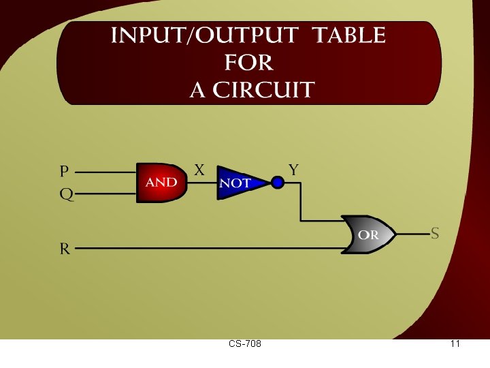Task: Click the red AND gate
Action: click(x=161, y=183)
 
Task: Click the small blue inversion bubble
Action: click(x=277, y=183)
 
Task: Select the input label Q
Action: click(x=66, y=194)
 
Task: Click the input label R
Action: click(x=65, y=249)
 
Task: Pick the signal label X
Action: click(x=199, y=170)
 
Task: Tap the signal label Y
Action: click(x=293, y=170)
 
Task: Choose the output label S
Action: click(x=434, y=234)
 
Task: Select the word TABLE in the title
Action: click(x=353, y=35)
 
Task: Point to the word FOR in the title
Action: click(x=248, y=63)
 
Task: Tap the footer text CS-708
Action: click(x=245, y=344)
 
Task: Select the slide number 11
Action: click(x=455, y=344)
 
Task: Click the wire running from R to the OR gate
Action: click(x=204, y=249)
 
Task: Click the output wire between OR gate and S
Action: click(x=412, y=234)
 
